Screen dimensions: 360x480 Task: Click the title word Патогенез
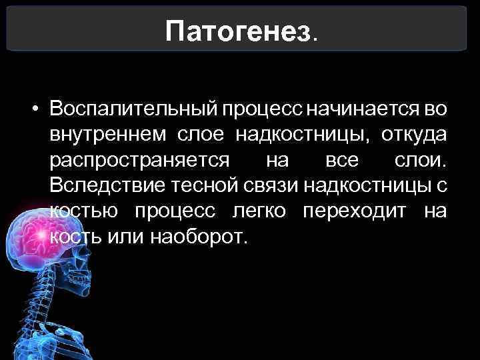239,30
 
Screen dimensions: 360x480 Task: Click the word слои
424,161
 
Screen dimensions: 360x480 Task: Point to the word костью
84,212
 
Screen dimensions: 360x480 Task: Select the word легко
259,212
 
